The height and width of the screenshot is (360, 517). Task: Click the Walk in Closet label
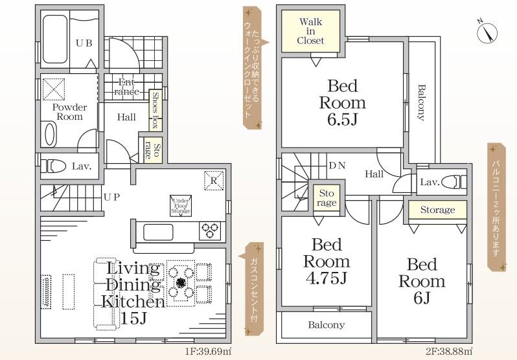tap(310, 31)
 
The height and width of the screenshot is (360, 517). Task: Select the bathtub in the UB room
tap(54, 39)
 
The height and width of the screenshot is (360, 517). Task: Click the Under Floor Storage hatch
tap(181, 206)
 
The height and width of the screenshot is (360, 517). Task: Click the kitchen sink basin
tap(158, 232)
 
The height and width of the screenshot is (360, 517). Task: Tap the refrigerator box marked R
tap(214, 181)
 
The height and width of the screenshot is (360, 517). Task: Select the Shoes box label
tap(155, 111)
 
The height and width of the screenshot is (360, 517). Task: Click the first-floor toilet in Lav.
tap(52, 166)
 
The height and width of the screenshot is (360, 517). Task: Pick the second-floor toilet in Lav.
tap(454, 182)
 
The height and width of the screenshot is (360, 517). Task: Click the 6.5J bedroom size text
tap(343, 120)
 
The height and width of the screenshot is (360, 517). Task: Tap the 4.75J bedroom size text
tap(327, 278)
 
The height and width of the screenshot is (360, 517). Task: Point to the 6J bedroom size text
tap(422, 298)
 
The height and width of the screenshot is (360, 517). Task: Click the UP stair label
tap(112, 197)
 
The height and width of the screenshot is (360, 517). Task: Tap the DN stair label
tap(337, 166)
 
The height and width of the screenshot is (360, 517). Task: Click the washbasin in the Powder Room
tap(50, 134)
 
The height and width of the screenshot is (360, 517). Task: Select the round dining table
tap(180, 283)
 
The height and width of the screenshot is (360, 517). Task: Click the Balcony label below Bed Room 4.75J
tap(327, 325)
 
